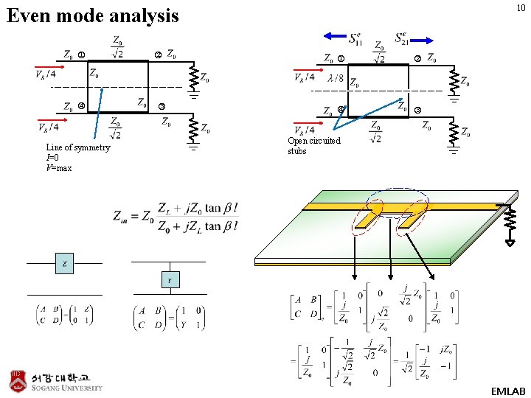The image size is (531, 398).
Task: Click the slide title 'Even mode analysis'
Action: point(92,15)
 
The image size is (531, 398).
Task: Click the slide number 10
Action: point(521,8)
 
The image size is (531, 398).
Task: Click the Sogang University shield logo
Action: point(18,381)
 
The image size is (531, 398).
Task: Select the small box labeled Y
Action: point(170,280)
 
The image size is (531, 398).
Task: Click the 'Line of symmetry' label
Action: point(77,147)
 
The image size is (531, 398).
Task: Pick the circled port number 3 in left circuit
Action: point(161,108)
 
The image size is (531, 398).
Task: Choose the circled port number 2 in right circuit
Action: point(417,59)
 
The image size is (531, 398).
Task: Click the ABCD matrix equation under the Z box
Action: point(64,315)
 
